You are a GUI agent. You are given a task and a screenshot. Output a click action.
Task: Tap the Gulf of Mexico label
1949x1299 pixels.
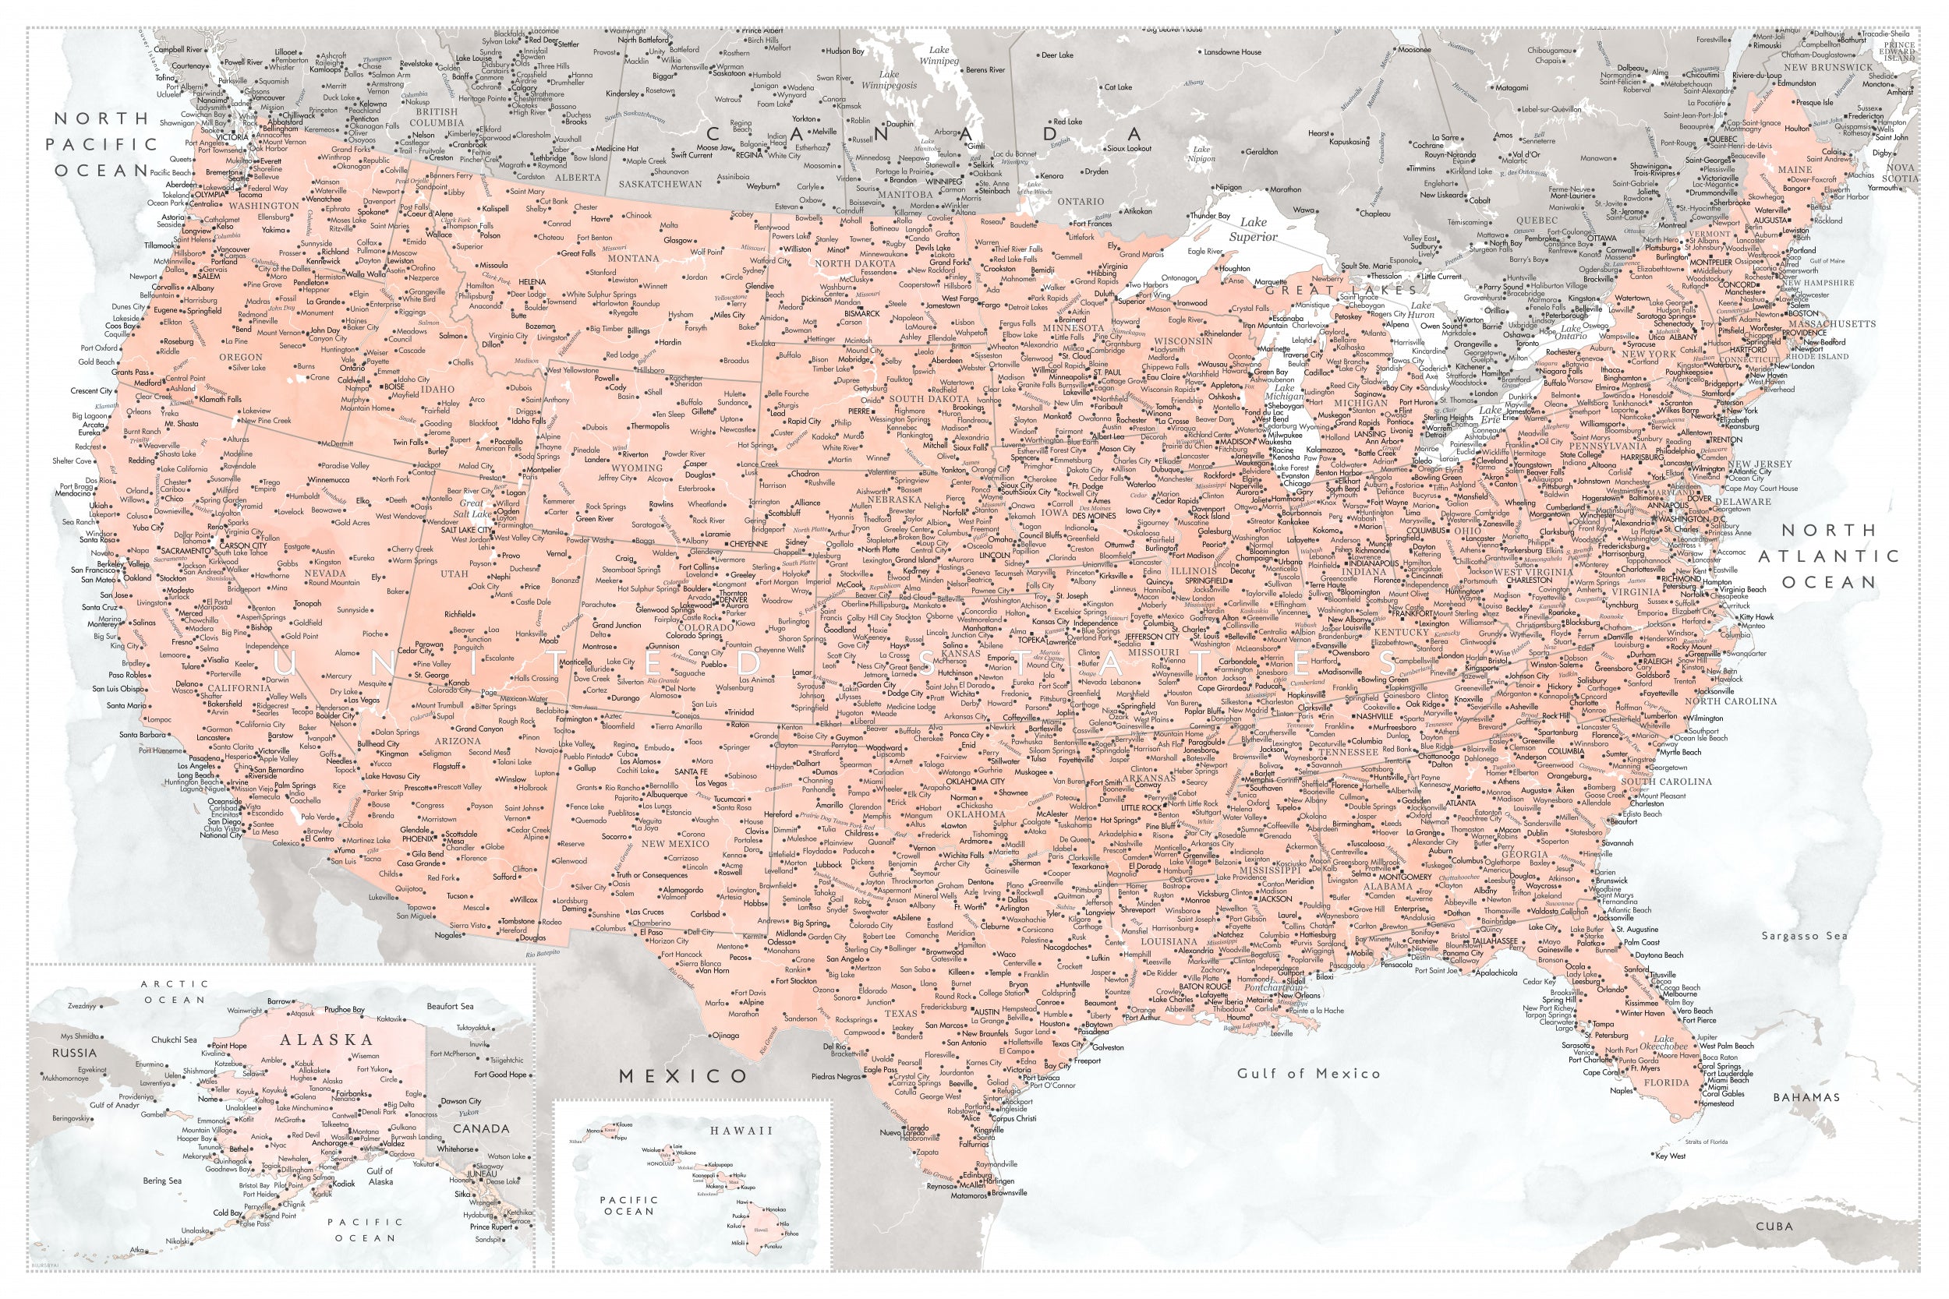[x=1308, y=1073]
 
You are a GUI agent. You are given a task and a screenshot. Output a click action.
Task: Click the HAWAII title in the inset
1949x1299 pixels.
[x=740, y=1130]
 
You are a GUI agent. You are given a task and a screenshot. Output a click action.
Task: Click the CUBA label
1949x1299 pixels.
[x=1774, y=1225]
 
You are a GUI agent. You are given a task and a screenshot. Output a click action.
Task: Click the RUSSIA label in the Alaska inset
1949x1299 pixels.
[x=75, y=1053]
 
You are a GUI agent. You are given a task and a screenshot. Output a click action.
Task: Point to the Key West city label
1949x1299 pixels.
[x=1671, y=1156]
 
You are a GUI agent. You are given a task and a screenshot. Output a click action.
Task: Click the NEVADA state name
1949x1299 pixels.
[x=325, y=573]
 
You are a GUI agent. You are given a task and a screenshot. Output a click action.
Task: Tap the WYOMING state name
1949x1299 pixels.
[x=636, y=468]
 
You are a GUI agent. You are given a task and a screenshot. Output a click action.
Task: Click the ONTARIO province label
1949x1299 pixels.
[x=1081, y=201]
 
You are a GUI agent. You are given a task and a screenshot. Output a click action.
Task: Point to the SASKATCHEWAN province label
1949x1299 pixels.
[x=660, y=184]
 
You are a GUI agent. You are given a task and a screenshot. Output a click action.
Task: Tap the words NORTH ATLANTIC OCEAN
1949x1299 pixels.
[x=1829, y=555]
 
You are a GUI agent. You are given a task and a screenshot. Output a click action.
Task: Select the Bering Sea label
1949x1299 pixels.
[x=161, y=1181]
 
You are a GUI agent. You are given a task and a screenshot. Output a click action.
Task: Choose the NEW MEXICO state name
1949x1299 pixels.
[x=675, y=843]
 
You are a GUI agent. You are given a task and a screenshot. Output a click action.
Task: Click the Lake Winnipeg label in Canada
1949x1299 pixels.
[x=939, y=55]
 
